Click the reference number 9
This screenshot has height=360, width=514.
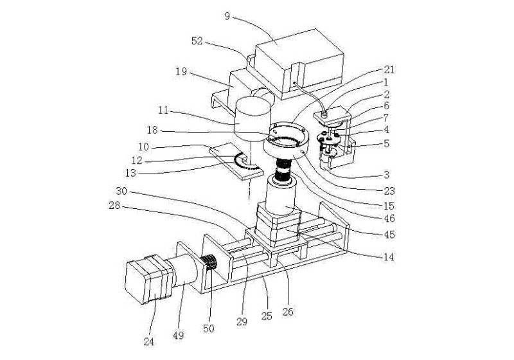pos(227,16)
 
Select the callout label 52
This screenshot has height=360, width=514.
pos(197,41)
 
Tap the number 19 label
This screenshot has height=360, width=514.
pos(181,71)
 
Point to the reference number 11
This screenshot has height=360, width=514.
pos(163,111)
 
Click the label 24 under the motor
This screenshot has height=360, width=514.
pos(149,342)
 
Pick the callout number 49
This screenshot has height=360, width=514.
pos(179,336)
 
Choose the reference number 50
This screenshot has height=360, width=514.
pos(208,328)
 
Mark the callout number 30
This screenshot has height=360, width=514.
pos(121,191)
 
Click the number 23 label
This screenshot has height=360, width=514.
pos(389,190)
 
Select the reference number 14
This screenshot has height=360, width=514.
pos(389,256)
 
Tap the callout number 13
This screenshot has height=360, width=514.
pos(130,173)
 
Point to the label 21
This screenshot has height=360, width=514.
pos(389,69)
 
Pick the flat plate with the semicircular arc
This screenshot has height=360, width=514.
pos(236,161)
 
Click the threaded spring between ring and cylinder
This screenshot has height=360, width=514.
pos(283,169)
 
